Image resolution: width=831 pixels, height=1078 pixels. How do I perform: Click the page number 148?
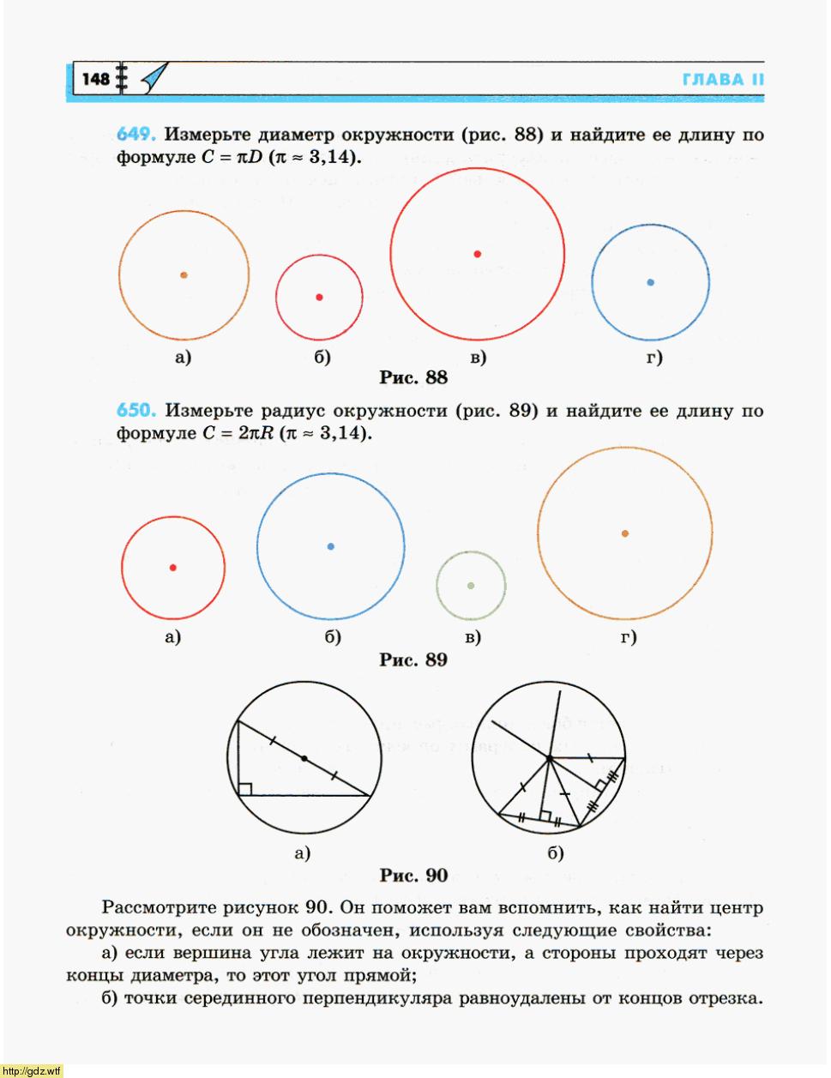(x=95, y=80)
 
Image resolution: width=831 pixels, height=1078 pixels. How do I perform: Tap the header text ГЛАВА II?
(x=722, y=80)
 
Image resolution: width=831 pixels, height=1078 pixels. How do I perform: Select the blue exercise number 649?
(x=135, y=136)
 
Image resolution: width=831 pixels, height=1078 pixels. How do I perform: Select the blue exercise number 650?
(x=135, y=411)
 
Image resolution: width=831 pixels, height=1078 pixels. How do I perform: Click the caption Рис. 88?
(x=413, y=377)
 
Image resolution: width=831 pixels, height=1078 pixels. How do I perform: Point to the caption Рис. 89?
(x=413, y=660)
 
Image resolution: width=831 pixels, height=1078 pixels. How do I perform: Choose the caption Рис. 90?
(x=413, y=876)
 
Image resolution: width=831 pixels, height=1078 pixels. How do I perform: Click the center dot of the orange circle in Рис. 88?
(x=184, y=275)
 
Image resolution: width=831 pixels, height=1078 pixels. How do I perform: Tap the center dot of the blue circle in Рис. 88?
(x=650, y=282)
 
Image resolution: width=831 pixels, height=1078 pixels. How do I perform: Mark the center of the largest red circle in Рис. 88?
(x=478, y=254)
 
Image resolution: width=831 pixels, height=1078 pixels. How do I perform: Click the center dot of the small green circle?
(x=470, y=586)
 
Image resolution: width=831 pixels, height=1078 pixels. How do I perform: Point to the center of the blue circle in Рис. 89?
(x=331, y=546)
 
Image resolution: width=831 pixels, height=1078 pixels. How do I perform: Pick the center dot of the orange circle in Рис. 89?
(x=625, y=533)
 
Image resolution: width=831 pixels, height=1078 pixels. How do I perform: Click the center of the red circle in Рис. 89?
(x=173, y=568)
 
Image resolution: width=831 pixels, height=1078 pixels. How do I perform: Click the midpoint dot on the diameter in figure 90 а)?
(x=304, y=758)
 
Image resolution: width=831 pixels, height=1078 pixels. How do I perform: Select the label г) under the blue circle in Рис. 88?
(x=654, y=358)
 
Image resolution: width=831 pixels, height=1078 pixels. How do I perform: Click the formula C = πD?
(x=232, y=159)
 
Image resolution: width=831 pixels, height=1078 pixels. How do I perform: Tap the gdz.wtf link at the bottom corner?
(x=33, y=1071)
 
